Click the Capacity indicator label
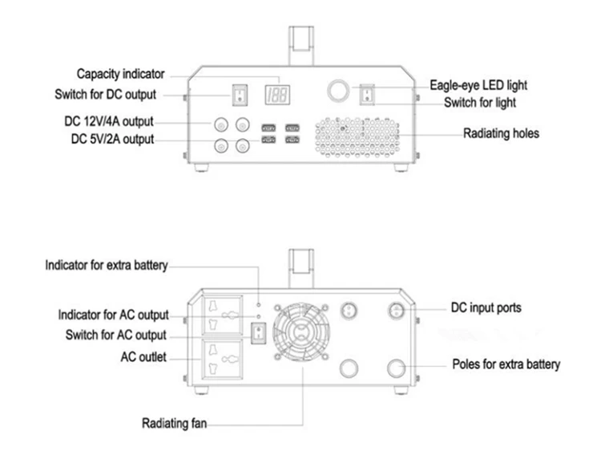120,74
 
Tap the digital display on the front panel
277,95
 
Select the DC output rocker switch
240,95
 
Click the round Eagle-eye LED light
338,91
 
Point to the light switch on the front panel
367,95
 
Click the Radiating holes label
501,133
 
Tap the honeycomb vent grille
357,137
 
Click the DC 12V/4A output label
109,121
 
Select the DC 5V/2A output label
112,139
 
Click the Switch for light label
480,103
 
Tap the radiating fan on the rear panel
301,331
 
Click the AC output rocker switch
258,333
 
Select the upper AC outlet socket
222,315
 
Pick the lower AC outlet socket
222,359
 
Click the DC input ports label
486,307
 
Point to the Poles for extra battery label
506,364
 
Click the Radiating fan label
175,423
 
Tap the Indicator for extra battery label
107,266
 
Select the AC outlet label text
143,357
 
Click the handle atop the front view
301,45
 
